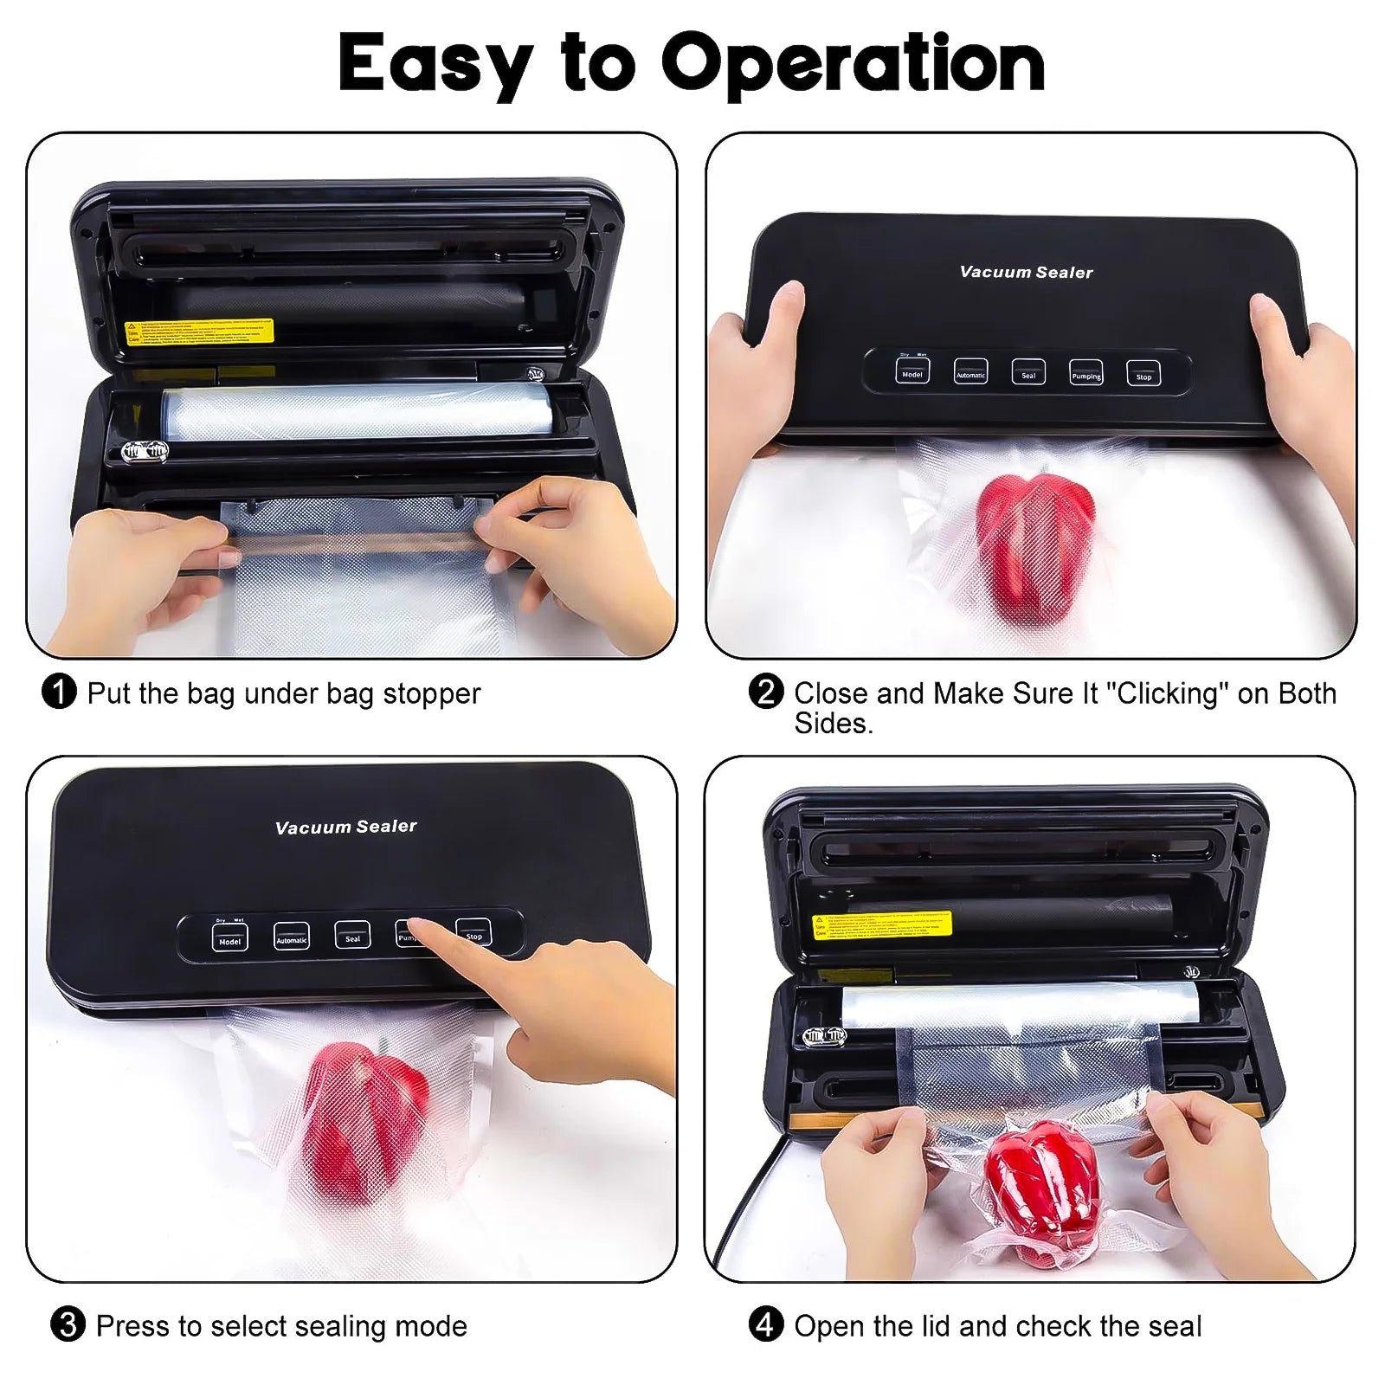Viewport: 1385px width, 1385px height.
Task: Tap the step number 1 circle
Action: click(59, 692)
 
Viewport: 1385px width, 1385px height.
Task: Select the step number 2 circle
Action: click(765, 692)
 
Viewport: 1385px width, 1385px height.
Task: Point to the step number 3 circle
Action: click(68, 1325)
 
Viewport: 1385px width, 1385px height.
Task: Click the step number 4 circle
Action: click(765, 1325)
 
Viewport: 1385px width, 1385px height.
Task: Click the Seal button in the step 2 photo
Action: click(1028, 372)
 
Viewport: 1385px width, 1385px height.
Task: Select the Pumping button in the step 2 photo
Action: click(1086, 373)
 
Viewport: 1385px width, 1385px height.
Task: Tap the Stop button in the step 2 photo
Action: click(1143, 374)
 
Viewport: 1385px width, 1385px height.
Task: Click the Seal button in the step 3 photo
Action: click(352, 936)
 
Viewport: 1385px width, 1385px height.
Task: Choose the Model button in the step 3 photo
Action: click(229, 938)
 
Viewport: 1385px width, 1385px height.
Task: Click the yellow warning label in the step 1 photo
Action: click(199, 332)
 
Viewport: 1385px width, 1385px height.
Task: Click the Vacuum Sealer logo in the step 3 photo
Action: click(345, 827)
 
